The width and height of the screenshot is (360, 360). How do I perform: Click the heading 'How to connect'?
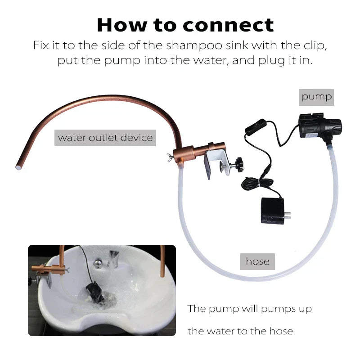185,25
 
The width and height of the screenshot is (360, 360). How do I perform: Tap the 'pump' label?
316,96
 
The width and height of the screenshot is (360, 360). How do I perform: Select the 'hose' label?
257,261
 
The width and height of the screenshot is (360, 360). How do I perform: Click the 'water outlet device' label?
105,137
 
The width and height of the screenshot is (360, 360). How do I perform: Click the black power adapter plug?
271,211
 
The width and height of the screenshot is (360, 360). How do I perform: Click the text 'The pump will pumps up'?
249,309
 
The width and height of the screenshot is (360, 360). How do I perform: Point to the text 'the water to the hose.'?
241,332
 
